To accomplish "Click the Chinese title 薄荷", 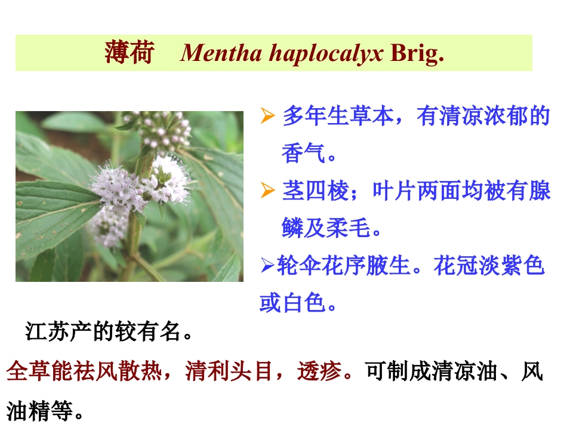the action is (x=130, y=53).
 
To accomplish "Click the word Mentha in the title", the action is (x=221, y=53).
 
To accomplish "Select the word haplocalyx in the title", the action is (x=326, y=54).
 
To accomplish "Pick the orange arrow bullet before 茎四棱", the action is (x=267, y=191).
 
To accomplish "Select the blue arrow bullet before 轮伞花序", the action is (x=267, y=265).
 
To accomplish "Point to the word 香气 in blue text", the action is (x=303, y=153).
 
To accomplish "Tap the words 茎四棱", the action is (x=316, y=191).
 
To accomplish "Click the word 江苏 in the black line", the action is (x=48, y=331).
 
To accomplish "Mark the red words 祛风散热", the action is (x=118, y=371).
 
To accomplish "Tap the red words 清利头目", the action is (x=229, y=371).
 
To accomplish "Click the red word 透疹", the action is (x=319, y=371).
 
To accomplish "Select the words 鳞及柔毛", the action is (x=326, y=228).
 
